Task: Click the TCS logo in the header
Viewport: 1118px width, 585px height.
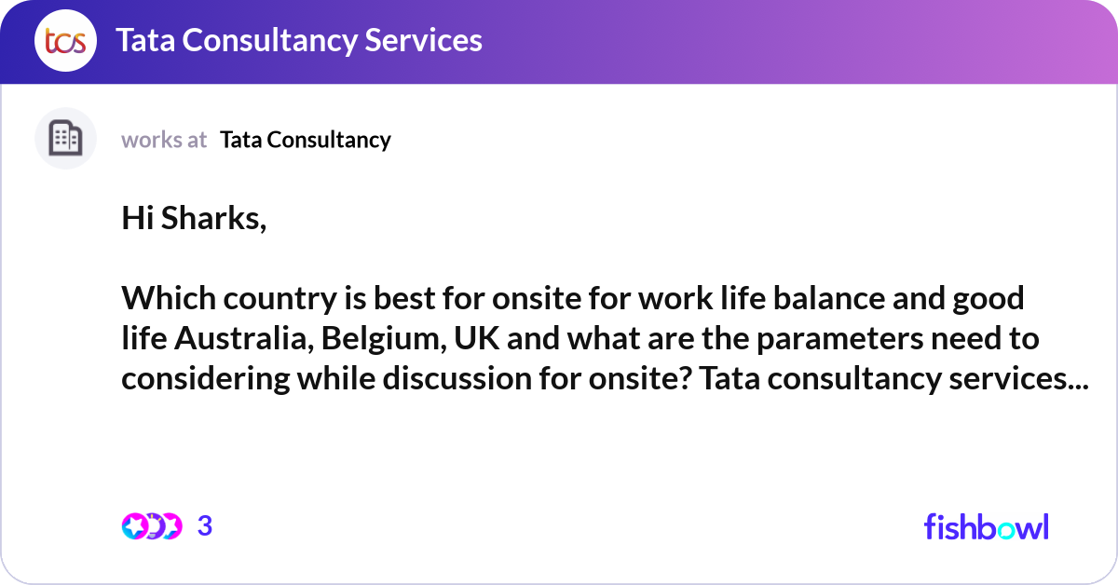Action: tap(65, 40)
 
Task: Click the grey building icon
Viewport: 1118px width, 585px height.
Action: tap(65, 138)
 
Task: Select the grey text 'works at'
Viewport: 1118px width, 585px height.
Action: tap(164, 140)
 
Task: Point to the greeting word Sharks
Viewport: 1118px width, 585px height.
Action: tap(213, 219)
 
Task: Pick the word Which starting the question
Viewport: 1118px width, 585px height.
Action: tap(169, 298)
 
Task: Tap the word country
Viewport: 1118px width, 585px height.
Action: tap(280, 300)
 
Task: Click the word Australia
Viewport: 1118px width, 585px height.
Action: tap(244, 338)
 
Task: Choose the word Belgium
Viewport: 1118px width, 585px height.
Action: tap(384, 339)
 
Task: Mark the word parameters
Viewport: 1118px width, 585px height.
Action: tap(840, 339)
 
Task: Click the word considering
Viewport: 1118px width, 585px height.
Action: tap(206, 379)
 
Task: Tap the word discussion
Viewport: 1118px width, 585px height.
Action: tap(457, 378)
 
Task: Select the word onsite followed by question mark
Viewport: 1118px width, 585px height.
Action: tap(640, 378)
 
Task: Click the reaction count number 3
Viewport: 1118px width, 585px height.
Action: tap(205, 525)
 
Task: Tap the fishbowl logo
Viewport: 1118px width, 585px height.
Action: tap(987, 526)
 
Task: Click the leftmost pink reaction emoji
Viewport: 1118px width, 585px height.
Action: tap(134, 526)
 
